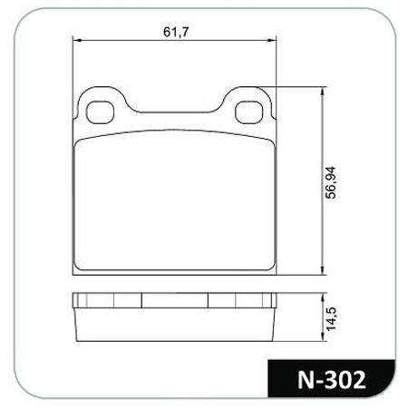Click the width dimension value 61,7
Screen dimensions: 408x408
click(x=174, y=32)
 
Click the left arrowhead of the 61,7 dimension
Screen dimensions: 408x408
click(x=75, y=41)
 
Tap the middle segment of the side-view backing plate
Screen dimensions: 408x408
click(x=174, y=301)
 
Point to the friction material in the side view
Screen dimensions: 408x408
click(x=174, y=326)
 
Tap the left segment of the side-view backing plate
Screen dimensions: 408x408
click(x=107, y=301)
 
